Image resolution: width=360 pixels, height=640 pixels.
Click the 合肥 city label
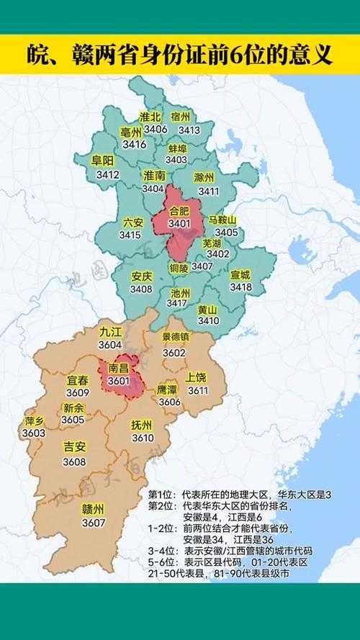[x=179, y=211]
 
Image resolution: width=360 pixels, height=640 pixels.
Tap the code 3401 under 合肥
[x=179, y=224]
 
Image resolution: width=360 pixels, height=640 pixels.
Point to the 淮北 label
[x=150, y=117]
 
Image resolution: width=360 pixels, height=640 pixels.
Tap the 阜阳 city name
[x=103, y=160]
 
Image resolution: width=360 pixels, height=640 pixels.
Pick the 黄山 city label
[x=208, y=307]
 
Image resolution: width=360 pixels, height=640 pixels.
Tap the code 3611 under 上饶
[x=198, y=390]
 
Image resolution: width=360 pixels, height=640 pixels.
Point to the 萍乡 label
[x=34, y=420]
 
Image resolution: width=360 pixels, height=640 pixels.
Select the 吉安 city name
[x=74, y=447]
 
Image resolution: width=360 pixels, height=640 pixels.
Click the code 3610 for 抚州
[x=143, y=437]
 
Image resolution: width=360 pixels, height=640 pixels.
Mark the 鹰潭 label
[x=168, y=389]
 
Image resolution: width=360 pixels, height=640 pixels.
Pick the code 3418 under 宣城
[x=240, y=287]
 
